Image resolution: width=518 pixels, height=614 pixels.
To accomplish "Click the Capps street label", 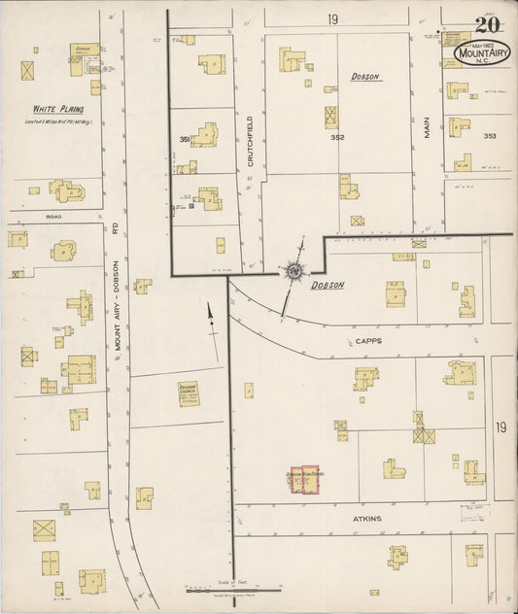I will tap(367, 341).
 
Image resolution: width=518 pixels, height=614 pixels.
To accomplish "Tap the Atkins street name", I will tap(366, 519).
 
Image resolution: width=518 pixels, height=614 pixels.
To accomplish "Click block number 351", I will tap(183, 140).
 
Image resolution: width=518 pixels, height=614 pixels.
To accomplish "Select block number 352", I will tap(337, 137).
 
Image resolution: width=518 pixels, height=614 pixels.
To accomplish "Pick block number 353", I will tap(489, 136).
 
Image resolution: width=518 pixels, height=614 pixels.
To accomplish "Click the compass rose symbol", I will tap(293, 272).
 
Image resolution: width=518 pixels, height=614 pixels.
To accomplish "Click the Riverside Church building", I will tap(189, 392).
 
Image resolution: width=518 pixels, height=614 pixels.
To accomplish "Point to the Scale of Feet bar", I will tap(233, 589).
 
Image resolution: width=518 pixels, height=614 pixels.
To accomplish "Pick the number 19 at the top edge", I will tap(332, 19).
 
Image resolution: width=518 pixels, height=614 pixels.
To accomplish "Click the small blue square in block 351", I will tap(192, 206).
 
